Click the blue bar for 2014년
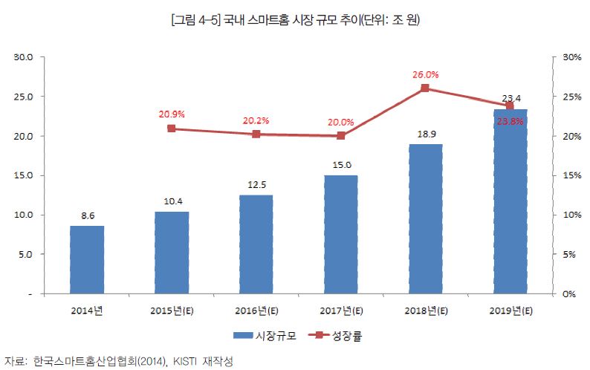[x=87, y=259]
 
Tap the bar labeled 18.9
[x=425, y=218]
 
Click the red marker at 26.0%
[x=425, y=88]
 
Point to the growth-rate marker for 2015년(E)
[x=172, y=129]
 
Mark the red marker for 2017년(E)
[x=341, y=136]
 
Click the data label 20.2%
[x=256, y=120]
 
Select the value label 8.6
[x=87, y=216]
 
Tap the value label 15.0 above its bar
[x=341, y=166]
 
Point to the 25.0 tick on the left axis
[x=24, y=97]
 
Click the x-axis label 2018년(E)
[x=425, y=310]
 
